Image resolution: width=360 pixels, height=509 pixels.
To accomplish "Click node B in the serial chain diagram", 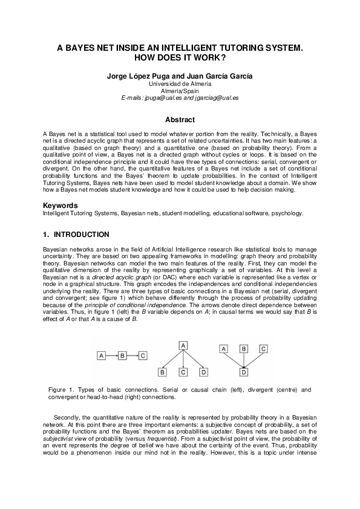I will pos(122,355).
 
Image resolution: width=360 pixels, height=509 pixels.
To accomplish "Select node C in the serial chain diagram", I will pos(143,355).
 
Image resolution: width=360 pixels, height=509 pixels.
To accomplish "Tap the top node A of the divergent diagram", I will pos(182,345).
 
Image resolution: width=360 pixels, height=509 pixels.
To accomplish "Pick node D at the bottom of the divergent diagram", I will pos(204,371).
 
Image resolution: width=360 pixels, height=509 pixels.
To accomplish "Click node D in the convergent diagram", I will pos(243,371).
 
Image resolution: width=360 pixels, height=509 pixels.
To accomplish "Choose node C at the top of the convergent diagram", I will pos(263,349).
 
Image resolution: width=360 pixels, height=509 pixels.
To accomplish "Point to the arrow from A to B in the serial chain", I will pos(112,355).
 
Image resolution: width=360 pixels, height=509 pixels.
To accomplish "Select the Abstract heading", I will pos(180,120).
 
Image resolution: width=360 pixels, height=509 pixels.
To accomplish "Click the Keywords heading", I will pos(61,206).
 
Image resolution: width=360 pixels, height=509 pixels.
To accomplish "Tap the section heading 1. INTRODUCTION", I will pos(76,235).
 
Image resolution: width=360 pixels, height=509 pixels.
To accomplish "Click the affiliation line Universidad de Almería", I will pos(180,83).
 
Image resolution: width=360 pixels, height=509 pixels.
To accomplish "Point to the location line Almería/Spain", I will pos(180,90).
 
